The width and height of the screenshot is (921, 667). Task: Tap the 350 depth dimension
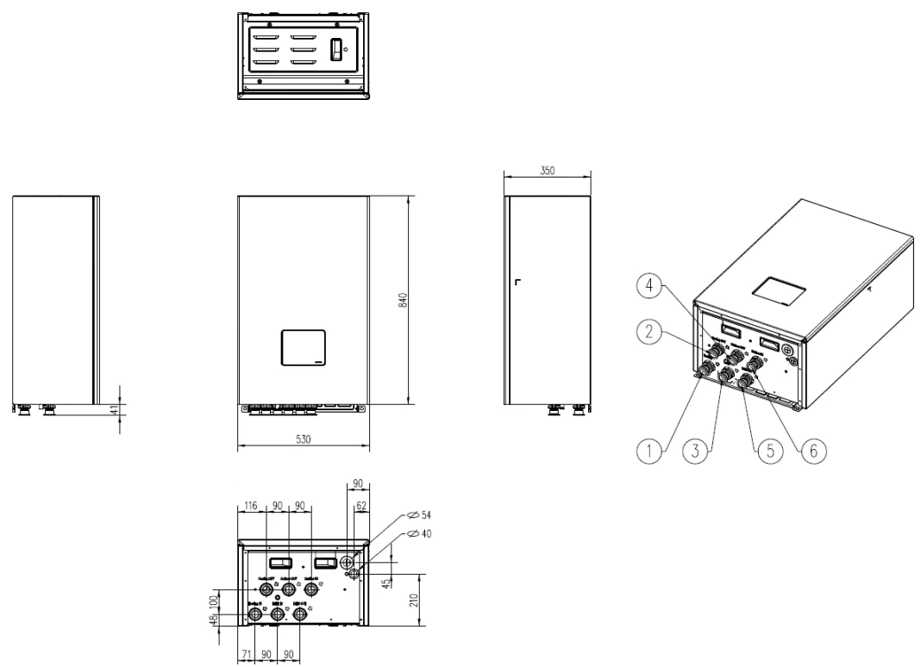click(547, 171)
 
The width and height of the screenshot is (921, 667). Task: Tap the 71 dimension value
click(247, 655)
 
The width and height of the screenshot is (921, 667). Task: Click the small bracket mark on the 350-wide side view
click(517, 282)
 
